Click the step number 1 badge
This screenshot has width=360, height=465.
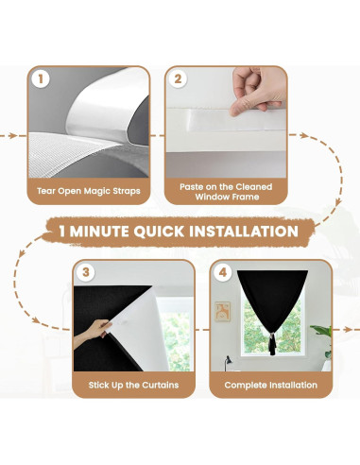(x=41, y=78)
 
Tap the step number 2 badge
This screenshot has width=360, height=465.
(x=178, y=78)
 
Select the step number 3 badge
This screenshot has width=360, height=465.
(x=86, y=272)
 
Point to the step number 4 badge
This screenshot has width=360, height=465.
(x=223, y=272)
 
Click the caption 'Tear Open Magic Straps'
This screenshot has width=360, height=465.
(x=89, y=191)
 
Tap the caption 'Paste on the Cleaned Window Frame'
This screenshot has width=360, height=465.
(x=226, y=192)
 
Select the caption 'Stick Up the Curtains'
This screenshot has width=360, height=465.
(x=133, y=385)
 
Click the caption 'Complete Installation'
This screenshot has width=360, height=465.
(x=271, y=385)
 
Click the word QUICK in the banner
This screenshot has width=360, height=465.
(x=159, y=232)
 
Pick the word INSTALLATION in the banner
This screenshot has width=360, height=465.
(x=244, y=232)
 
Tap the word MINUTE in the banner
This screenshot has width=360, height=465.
(x=99, y=232)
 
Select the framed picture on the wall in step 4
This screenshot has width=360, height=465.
(x=223, y=312)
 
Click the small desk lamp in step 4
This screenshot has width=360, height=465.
(x=227, y=363)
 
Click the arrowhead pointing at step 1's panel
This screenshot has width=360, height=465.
(x=12, y=136)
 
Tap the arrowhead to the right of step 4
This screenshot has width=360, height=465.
(x=347, y=330)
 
